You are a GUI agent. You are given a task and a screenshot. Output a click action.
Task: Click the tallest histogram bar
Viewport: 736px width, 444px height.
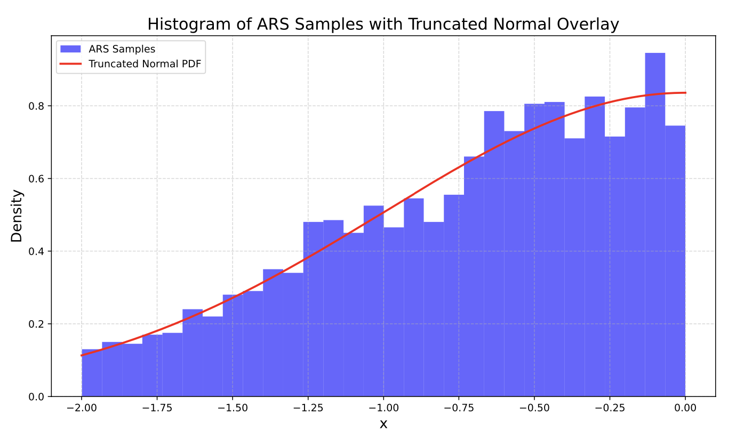[x=655, y=224]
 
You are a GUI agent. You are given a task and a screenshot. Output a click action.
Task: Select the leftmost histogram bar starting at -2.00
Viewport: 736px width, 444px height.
[x=92, y=373]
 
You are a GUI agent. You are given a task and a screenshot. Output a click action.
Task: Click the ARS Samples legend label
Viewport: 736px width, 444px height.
[x=122, y=49]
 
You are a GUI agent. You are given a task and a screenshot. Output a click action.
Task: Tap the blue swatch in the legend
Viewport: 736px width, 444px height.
[x=70, y=49]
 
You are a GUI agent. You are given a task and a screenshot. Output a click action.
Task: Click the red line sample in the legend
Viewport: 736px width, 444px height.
[x=70, y=64]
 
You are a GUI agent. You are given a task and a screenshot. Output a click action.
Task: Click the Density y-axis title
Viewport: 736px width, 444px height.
[x=17, y=216]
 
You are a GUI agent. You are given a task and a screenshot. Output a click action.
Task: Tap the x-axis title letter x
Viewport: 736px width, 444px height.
[x=383, y=425]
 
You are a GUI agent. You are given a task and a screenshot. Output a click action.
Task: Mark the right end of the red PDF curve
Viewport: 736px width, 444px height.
[x=685, y=93]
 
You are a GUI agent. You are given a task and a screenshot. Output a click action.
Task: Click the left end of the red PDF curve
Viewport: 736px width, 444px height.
[x=82, y=355]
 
